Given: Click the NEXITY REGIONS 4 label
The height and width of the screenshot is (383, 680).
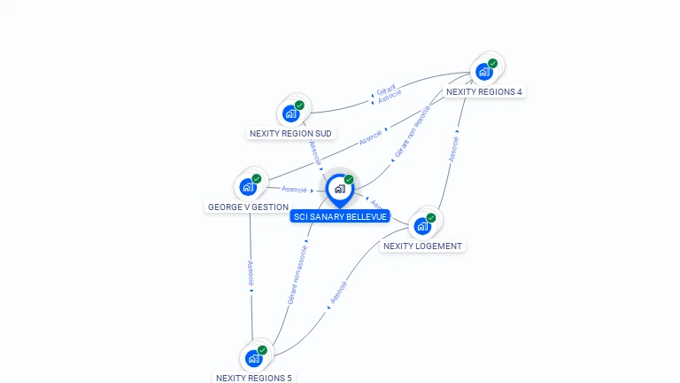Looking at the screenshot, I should click(x=483, y=91).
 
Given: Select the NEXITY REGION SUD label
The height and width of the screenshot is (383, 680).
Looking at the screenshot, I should click(x=290, y=134).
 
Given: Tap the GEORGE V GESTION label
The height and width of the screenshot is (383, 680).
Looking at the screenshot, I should click(x=248, y=207).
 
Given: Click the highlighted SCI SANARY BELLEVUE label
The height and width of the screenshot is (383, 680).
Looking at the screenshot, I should click(x=340, y=216).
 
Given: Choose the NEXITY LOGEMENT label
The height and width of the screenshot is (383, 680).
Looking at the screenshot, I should click(x=422, y=246).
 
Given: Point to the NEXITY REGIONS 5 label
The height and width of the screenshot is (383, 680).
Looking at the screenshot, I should click(x=253, y=378).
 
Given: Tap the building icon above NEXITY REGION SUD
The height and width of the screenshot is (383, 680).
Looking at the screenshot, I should click(x=290, y=113).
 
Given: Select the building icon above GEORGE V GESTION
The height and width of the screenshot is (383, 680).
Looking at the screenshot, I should click(x=248, y=187).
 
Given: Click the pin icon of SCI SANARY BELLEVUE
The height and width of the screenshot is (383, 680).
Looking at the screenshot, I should click(x=339, y=189).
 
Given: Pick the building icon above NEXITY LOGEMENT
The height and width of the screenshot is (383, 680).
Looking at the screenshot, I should click(x=422, y=226).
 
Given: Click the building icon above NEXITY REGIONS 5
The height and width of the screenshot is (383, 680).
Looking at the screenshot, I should click(x=253, y=358).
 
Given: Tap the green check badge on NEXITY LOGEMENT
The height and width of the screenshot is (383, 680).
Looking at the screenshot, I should click(x=431, y=217).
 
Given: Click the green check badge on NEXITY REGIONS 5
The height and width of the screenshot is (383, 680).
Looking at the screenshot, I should click(x=262, y=349).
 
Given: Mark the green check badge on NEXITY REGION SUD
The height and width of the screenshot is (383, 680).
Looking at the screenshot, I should click(x=299, y=105).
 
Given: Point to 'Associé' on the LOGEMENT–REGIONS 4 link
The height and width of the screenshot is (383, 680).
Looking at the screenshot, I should click(x=454, y=148).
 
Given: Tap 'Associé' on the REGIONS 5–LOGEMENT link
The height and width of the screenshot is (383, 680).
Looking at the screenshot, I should click(x=338, y=293).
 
